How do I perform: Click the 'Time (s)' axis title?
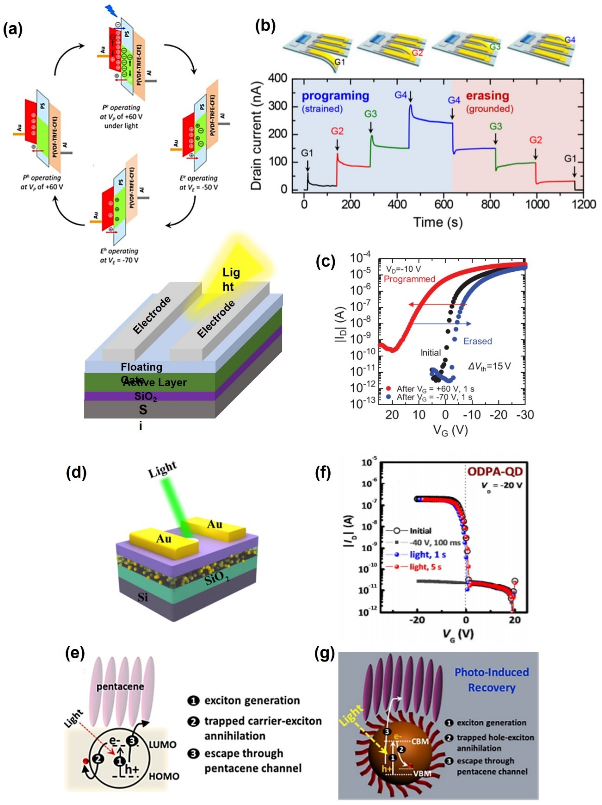coord(438,222)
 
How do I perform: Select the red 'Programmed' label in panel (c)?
coord(410,279)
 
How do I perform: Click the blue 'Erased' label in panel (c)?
coord(477,341)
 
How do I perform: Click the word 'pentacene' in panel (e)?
coord(120,686)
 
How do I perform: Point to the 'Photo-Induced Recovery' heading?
coord(491,680)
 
